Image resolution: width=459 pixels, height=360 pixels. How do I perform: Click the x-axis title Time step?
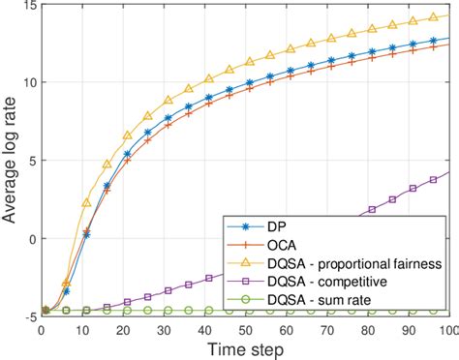coord(244,347)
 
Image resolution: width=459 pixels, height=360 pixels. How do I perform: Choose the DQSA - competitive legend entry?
coord(325,283)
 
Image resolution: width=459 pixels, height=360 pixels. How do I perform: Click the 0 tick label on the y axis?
coord(29,239)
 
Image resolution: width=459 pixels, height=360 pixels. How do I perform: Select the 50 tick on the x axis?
coord(244,328)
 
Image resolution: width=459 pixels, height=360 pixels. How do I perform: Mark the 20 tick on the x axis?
coord(121,328)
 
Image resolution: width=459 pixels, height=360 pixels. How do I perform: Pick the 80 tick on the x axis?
coord(367,328)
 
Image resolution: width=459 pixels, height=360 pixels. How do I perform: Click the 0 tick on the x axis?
coord(39,328)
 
